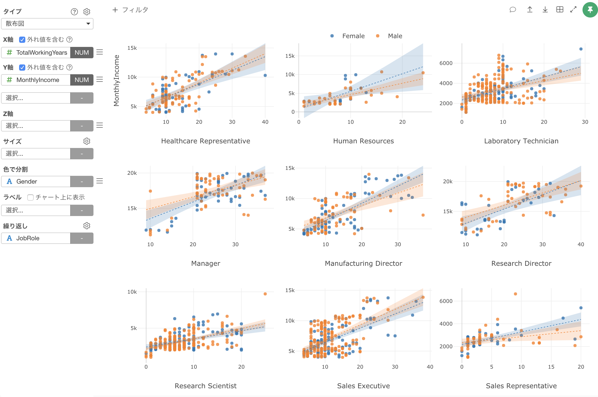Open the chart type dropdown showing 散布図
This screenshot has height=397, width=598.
(x=47, y=24)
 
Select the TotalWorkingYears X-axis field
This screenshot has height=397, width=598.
(x=41, y=53)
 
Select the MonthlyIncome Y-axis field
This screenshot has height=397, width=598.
(x=38, y=80)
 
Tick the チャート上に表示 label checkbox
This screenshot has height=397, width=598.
(x=30, y=197)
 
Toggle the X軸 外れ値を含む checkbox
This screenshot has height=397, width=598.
(x=22, y=40)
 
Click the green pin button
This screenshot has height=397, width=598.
(x=590, y=10)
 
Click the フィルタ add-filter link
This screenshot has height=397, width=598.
(x=130, y=10)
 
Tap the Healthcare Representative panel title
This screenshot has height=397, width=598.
(x=206, y=141)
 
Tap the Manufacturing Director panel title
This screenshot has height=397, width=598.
(x=363, y=263)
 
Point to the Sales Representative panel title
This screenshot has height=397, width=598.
(x=521, y=386)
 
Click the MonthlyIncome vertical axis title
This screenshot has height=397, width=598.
(x=117, y=80)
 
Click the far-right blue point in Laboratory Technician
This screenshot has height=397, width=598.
(x=581, y=49)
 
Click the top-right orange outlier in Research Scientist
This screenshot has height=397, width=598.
(x=265, y=294)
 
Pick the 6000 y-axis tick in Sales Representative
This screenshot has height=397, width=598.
(x=446, y=301)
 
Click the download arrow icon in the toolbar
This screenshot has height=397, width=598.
(x=545, y=10)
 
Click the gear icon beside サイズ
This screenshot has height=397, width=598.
(x=87, y=141)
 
